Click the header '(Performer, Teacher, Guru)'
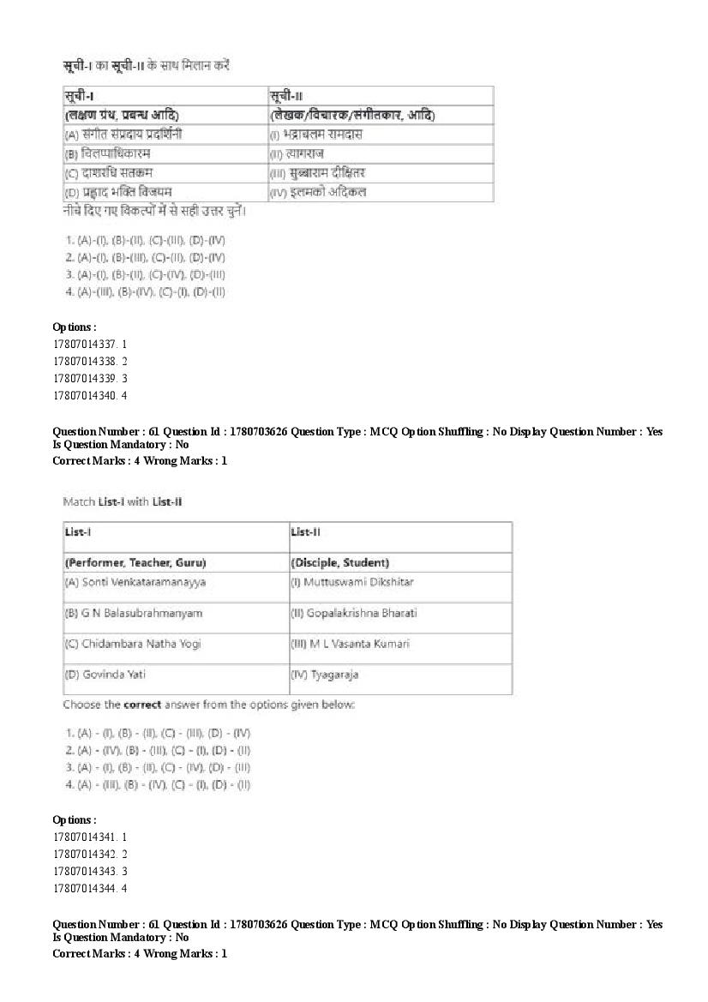(x=135, y=562)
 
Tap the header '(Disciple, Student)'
(x=340, y=562)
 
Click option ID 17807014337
(x=90, y=344)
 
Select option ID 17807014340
(x=90, y=395)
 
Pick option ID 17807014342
(x=90, y=853)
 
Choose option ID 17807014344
(x=90, y=887)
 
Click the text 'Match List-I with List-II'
(x=122, y=501)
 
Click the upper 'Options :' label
(x=75, y=327)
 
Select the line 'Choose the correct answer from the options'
(x=208, y=705)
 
